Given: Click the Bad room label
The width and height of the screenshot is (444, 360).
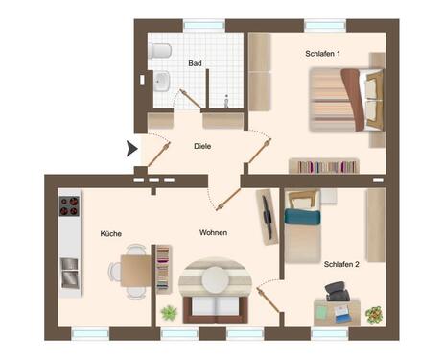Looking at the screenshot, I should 195,64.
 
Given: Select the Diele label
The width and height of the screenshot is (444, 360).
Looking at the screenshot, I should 201,146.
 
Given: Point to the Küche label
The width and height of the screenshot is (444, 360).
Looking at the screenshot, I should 111,233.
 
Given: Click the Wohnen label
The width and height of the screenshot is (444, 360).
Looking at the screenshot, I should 213,233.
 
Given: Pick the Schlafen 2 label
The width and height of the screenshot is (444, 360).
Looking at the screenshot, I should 342,263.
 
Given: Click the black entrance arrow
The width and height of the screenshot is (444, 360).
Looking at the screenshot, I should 131,148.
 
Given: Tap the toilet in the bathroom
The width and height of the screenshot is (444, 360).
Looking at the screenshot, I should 160,50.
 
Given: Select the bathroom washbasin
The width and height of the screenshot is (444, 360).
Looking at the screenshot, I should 160,80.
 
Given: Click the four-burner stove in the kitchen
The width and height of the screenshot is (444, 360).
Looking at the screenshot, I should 69,205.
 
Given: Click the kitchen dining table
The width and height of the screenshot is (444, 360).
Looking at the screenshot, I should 135,271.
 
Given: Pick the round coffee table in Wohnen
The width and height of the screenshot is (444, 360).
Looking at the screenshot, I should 216,278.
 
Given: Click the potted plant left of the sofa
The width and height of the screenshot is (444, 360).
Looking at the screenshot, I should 169,312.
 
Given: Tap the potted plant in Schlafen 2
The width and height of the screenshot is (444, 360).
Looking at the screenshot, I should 373,314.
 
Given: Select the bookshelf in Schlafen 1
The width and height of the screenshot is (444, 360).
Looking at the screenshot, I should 323,166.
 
